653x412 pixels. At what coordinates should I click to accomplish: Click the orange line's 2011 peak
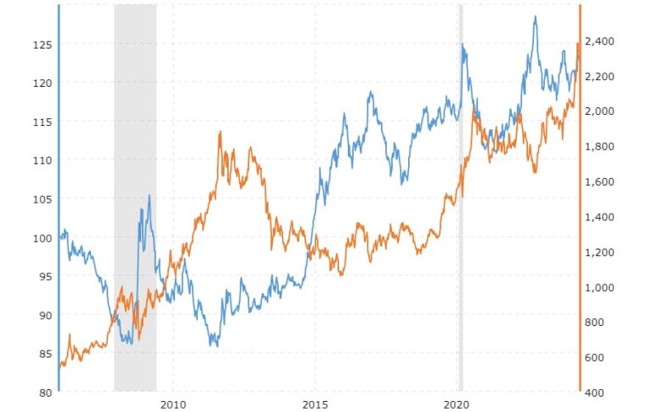220,132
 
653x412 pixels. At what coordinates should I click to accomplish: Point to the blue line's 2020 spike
463,44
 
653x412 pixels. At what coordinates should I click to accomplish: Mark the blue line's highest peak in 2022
535,16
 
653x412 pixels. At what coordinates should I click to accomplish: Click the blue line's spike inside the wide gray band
150,195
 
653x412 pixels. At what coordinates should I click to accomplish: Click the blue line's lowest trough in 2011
216,346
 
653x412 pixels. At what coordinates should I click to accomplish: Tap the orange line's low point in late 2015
341,275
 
